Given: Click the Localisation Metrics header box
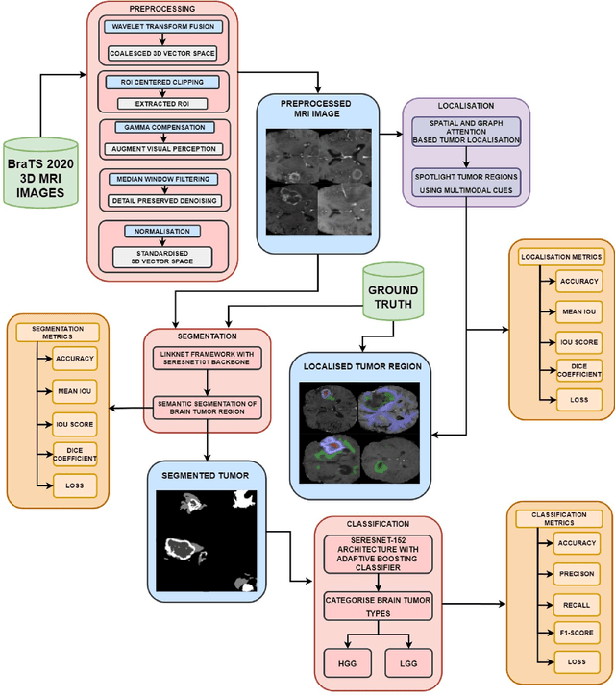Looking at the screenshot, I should pyautogui.click(x=561, y=257).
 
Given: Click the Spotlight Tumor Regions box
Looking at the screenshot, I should pyautogui.click(x=466, y=183).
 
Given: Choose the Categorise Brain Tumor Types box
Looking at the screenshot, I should pyautogui.click(x=377, y=607).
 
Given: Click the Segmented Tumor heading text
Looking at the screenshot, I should pyautogui.click(x=205, y=475).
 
